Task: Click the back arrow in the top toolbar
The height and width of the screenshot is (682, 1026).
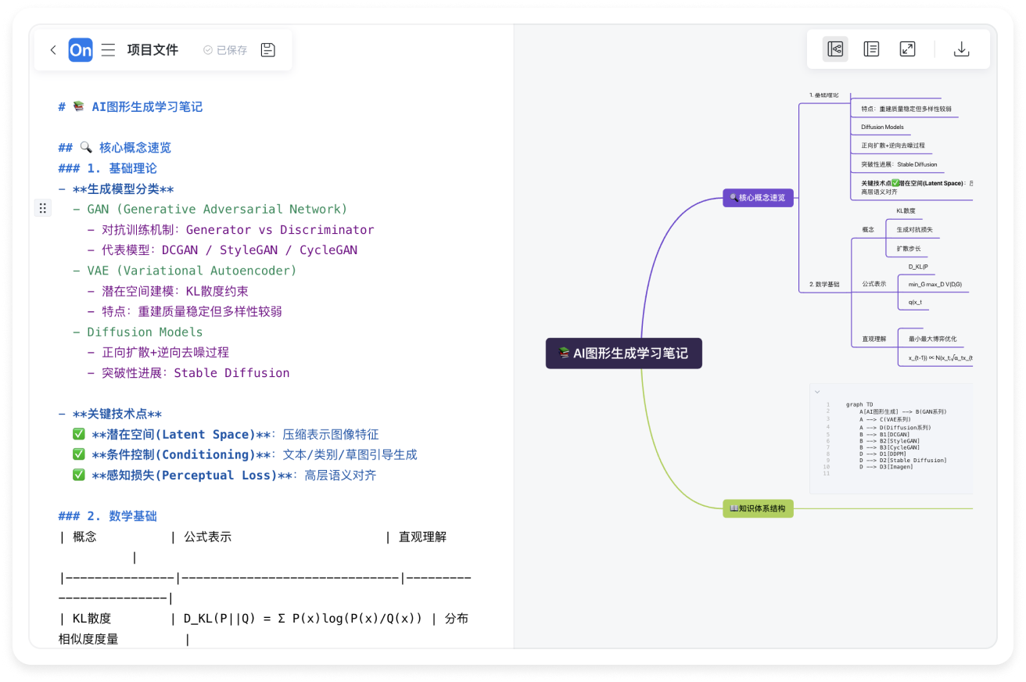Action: [53, 50]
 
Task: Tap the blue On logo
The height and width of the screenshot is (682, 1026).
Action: [81, 50]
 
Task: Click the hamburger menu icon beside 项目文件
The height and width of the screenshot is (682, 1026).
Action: [108, 50]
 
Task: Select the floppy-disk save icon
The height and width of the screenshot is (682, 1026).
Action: [267, 50]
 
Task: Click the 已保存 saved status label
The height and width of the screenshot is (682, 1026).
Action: [225, 50]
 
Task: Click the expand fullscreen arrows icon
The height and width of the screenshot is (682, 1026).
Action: [907, 49]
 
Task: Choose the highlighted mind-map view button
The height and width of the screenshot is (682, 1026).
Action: [835, 49]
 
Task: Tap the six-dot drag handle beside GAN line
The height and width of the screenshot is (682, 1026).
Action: [43, 208]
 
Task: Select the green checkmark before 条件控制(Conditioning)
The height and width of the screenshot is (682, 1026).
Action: [78, 454]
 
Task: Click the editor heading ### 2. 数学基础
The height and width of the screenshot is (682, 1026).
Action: [108, 515]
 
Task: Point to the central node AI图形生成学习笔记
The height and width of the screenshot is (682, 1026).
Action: [623, 354]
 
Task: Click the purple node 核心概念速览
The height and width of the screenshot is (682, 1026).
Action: [758, 198]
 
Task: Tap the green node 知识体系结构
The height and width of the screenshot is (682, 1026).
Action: [758, 508]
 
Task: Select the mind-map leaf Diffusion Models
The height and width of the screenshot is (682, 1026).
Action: [882, 127]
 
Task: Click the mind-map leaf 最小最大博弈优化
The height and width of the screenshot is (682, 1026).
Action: [932, 339]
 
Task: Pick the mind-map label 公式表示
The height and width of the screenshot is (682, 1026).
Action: [874, 283]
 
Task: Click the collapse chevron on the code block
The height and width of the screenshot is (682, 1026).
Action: [817, 391]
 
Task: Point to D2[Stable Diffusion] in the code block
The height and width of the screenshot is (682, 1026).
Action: [907, 461]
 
